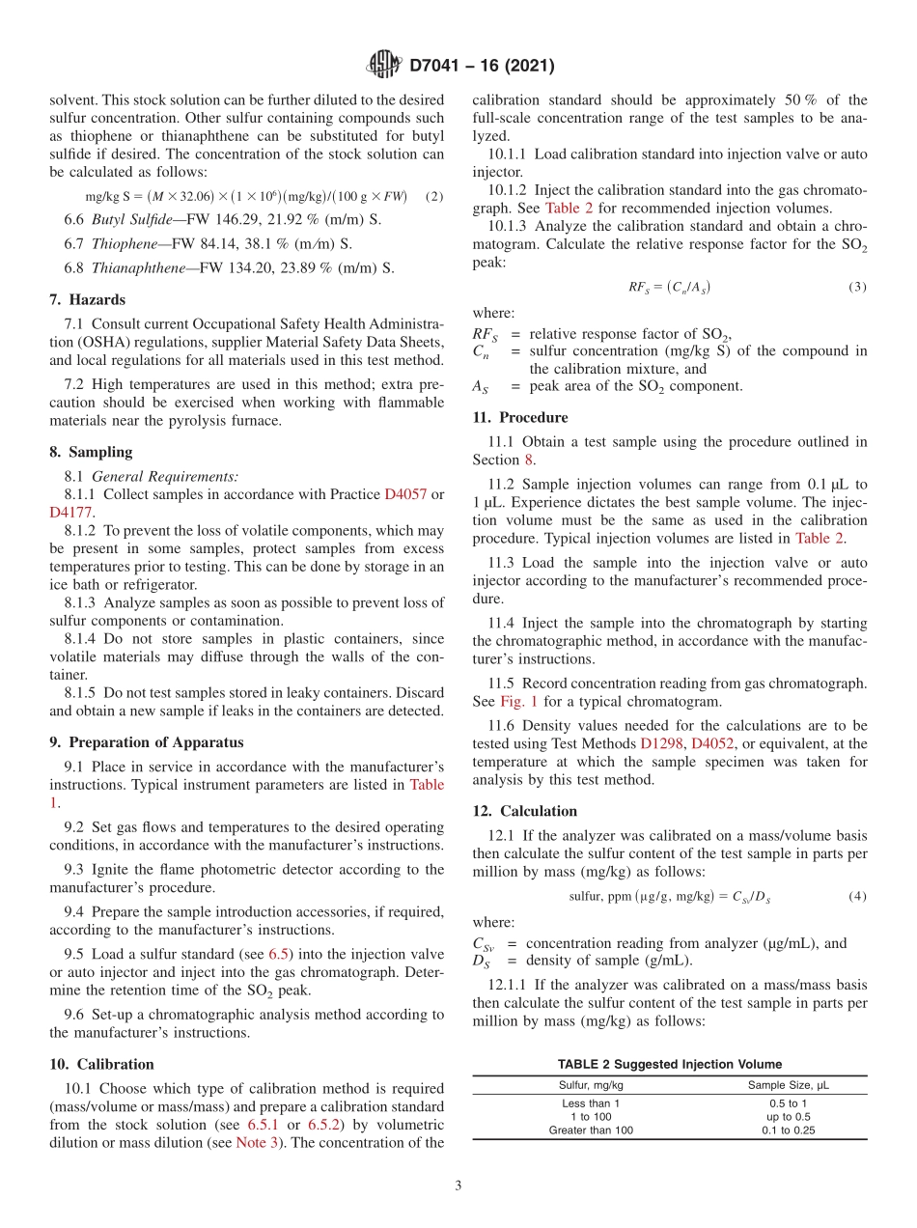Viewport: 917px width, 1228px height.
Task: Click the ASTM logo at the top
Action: (383, 66)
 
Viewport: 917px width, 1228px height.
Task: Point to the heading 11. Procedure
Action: (519, 418)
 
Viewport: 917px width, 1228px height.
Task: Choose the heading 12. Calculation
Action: (524, 811)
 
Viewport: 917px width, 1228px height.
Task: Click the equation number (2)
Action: (434, 196)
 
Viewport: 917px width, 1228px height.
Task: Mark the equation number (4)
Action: (857, 897)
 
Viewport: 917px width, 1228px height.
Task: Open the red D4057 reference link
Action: (405, 494)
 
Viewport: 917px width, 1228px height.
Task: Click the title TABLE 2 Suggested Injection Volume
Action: (669, 1064)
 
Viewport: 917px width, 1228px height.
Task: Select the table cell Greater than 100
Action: (591, 1130)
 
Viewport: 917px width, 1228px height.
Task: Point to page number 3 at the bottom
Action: (458, 1186)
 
